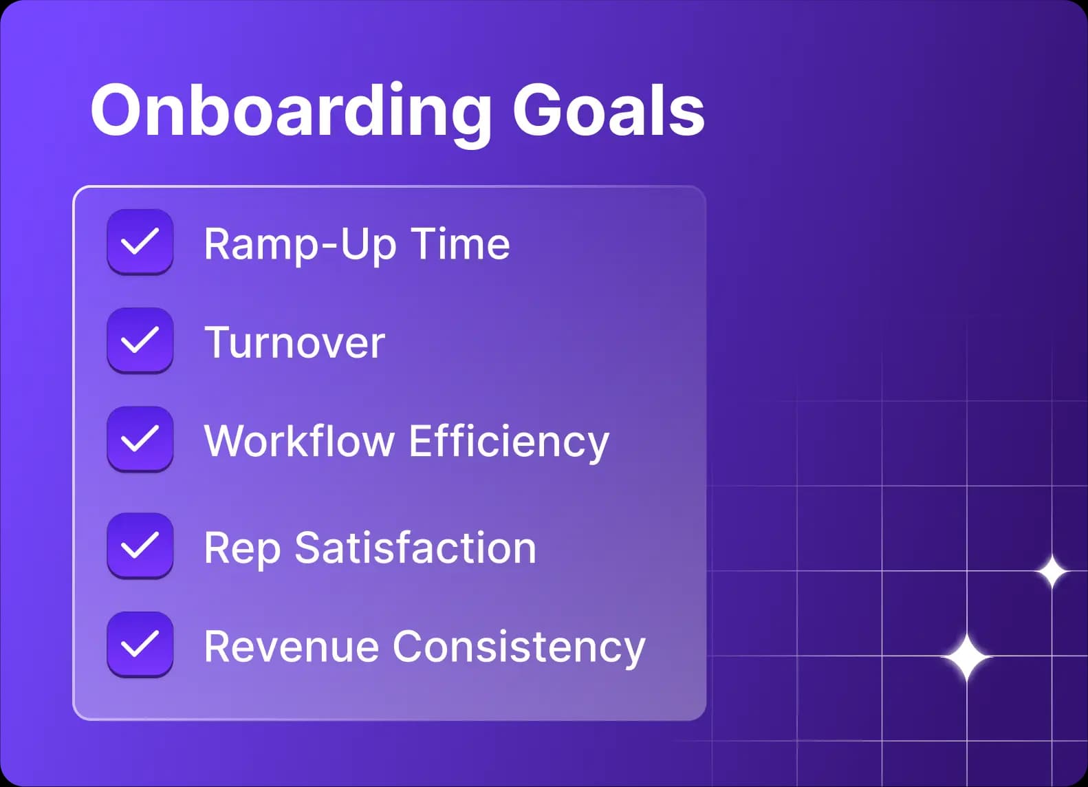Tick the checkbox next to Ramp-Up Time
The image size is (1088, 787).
click(x=140, y=242)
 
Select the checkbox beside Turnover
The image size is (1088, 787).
click(x=140, y=341)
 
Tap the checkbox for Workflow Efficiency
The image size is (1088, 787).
click(x=140, y=439)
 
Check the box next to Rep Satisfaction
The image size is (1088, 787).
click(x=140, y=546)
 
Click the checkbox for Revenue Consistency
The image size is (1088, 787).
click(x=140, y=645)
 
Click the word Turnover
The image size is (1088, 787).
click(x=294, y=342)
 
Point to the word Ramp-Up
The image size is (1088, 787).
click(x=300, y=244)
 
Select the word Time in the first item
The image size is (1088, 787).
click(x=460, y=244)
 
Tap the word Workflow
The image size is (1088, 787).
click(x=298, y=440)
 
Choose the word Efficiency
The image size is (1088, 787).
click(x=509, y=442)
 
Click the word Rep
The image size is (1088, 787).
click(x=241, y=549)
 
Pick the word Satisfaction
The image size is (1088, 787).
click(x=415, y=548)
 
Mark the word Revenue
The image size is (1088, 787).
click(x=291, y=647)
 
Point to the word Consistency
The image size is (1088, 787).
click(x=519, y=647)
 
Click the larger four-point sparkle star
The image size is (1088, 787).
click(x=966, y=658)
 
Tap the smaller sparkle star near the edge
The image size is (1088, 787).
click(x=1052, y=571)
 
